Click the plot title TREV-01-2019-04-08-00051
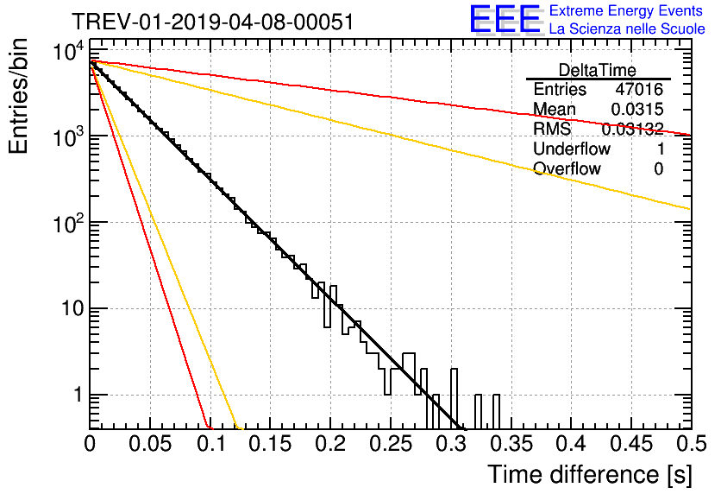(x=213, y=22)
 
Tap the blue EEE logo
(x=505, y=19)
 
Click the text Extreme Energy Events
(x=626, y=10)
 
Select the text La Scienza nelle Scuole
(x=627, y=28)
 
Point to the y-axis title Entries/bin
(x=18, y=96)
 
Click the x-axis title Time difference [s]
(x=590, y=475)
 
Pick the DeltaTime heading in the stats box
(x=598, y=70)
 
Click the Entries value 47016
(x=639, y=89)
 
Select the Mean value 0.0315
(x=636, y=109)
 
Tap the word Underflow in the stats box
(x=572, y=149)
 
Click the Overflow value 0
(x=658, y=169)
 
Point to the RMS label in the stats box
(x=552, y=129)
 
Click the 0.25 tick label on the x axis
(x=392, y=444)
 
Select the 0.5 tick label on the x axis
(x=692, y=444)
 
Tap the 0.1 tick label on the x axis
(x=211, y=444)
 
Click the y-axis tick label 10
(x=73, y=308)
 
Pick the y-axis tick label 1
(x=78, y=395)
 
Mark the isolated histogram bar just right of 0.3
(x=478, y=412)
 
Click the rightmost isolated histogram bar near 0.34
(x=496, y=412)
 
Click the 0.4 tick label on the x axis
(x=572, y=444)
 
